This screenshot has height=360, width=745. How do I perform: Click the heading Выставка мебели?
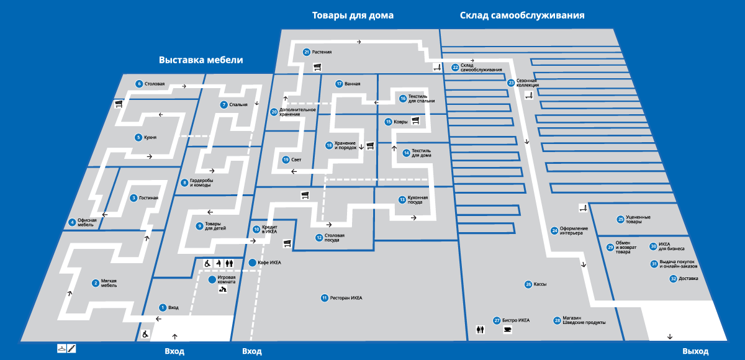point(201,60)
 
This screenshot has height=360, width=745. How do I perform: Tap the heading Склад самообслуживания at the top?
point(522,15)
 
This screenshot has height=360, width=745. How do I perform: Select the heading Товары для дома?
point(353,15)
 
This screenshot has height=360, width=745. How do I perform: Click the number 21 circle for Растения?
point(307,52)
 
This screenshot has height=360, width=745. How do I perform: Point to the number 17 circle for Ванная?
point(339,84)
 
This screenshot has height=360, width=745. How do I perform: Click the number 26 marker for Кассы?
point(528,284)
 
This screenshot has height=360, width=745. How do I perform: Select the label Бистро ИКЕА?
point(516,320)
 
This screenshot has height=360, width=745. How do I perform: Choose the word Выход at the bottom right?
point(695,351)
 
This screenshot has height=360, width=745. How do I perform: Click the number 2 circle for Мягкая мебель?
point(96,284)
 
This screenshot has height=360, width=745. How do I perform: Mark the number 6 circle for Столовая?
point(139,84)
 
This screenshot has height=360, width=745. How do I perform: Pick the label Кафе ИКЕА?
point(269,263)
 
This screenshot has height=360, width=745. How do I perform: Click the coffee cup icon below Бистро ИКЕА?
point(507,330)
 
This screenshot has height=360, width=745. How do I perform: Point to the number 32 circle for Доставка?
point(673,279)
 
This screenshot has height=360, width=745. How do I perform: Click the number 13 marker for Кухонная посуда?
point(402,200)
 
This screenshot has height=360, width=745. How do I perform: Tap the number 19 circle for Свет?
point(286,160)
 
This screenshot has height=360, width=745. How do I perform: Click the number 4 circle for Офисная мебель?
point(72,222)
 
